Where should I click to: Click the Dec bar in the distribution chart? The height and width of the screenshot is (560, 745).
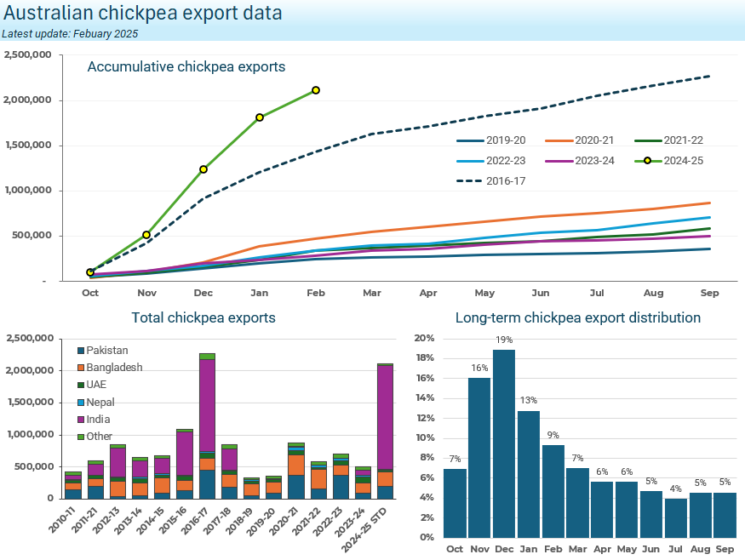pyautogui.click(x=504, y=443)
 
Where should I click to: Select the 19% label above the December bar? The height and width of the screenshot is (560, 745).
pyautogui.click(x=504, y=340)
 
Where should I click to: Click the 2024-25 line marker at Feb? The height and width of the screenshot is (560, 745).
pyautogui.click(x=316, y=90)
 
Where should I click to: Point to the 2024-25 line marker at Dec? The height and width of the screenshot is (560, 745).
pyautogui.click(x=203, y=169)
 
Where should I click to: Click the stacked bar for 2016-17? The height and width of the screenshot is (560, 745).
pyautogui.click(x=207, y=426)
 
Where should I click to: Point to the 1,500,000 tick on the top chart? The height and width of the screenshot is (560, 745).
pyautogui.click(x=28, y=146)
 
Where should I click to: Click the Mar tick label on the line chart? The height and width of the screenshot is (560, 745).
pyautogui.click(x=372, y=293)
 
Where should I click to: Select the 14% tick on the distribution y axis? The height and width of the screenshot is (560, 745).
pyautogui.click(x=425, y=398)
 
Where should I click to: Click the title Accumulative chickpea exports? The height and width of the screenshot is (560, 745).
pyautogui.click(x=186, y=66)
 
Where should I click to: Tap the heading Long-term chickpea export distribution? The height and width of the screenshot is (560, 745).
pyautogui.click(x=577, y=317)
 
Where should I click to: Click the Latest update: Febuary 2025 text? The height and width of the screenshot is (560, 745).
pyautogui.click(x=70, y=34)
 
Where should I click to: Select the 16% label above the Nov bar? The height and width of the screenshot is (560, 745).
pyautogui.click(x=479, y=368)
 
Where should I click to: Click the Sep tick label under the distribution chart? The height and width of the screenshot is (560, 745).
pyautogui.click(x=725, y=549)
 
